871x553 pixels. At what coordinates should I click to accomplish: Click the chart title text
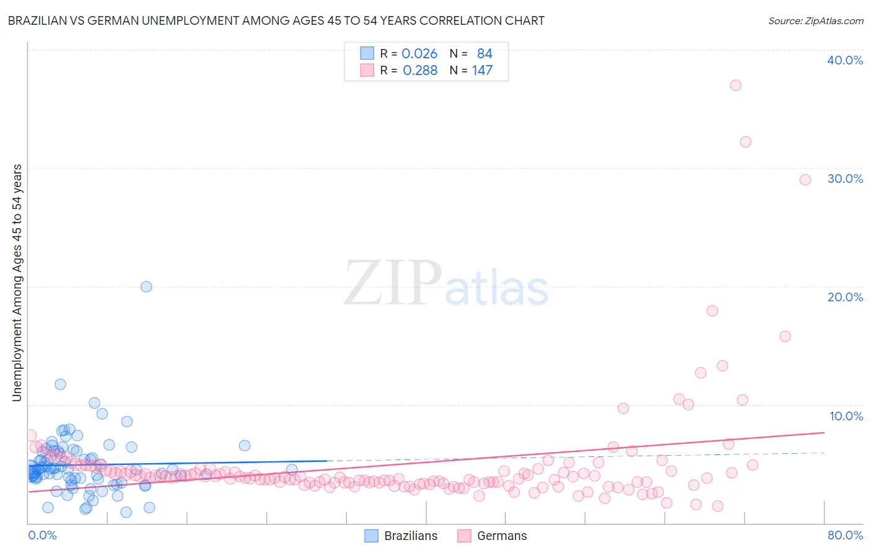tap(276, 20)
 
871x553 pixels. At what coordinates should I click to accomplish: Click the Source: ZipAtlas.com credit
tap(815, 20)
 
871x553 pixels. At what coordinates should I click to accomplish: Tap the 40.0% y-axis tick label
tap(845, 60)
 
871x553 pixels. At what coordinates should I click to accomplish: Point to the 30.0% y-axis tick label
tap(845, 179)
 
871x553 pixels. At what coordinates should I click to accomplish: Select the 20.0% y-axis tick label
tap(845, 297)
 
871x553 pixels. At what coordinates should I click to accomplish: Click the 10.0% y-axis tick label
tap(846, 416)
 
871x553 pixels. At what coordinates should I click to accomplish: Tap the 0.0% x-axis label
tap(43, 535)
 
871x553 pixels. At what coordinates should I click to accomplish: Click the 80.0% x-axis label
tap(845, 535)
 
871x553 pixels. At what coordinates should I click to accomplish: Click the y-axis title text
tap(17, 283)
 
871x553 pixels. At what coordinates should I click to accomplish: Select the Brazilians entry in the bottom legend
tap(410, 536)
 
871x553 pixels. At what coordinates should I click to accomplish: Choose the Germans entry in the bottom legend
tap(501, 536)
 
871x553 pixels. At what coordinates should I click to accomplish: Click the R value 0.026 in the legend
tap(419, 54)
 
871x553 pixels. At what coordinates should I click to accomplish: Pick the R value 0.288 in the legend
tap(420, 71)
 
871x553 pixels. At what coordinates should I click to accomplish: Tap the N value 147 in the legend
tap(482, 71)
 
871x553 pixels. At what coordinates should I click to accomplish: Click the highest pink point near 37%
tap(735, 86)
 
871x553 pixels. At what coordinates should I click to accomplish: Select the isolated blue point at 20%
tap(146, 286)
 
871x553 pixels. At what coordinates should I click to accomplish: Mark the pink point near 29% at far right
tap(805, 180)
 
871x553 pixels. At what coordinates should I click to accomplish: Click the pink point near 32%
tap(746, 142)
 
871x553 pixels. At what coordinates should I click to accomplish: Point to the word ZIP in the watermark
tap(393, 283)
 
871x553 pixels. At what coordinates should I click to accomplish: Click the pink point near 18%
tap(712, 311)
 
